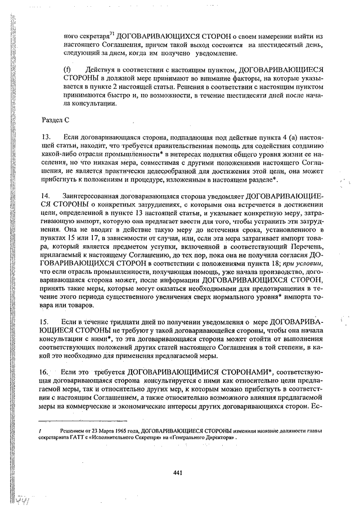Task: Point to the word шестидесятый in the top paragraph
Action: tap(280, 44)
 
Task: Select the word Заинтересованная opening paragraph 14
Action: tap(91, 195)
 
